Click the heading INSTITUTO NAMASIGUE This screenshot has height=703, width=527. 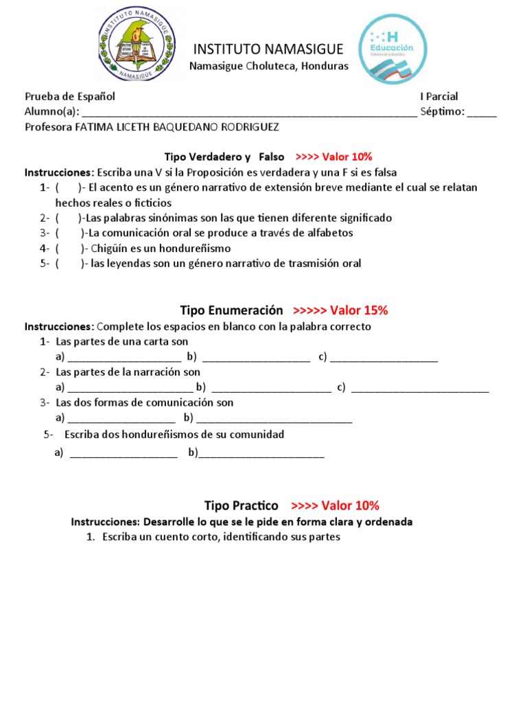point(268,49)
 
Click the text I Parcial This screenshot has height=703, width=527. point(439,97)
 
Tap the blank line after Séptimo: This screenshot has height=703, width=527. point(482,113)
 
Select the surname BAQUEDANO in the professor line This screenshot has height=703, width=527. point(188,128)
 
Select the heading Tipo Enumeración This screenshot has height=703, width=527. point(231,310)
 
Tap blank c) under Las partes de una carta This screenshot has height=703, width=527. point(384,358)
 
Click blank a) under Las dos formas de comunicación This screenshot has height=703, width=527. point(121,418)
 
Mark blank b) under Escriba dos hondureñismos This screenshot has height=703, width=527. point(261,454)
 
